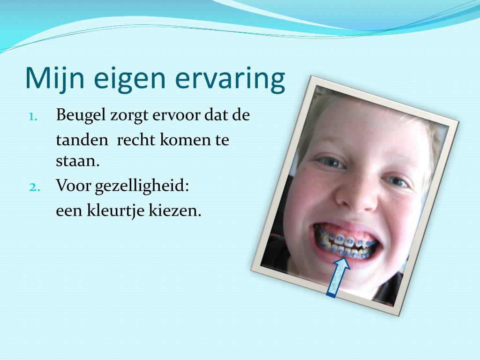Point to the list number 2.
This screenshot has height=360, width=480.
[36, 187]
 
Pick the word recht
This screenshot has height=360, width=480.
[136, 140]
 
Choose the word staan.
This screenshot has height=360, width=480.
[78, 162]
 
